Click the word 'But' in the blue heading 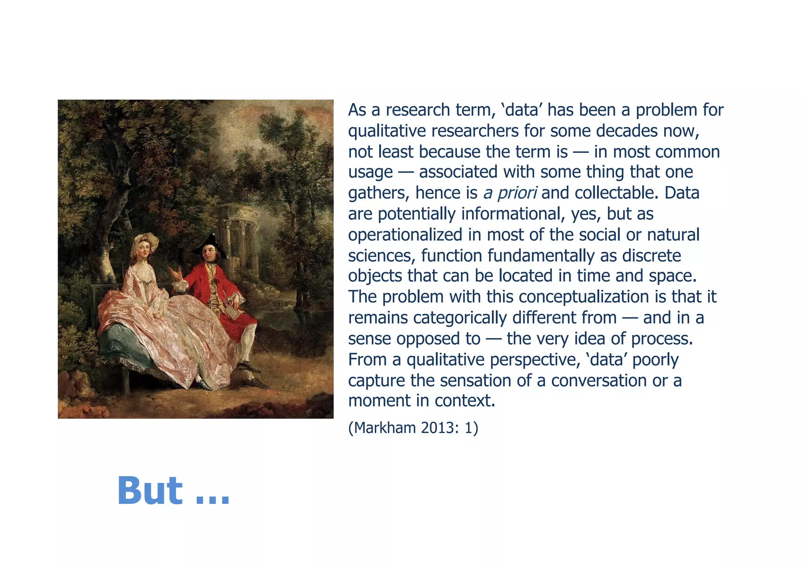(x=150, y=491)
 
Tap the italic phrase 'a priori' (x=510, y=193)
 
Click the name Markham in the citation (x=386, y=428)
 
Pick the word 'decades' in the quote (x=627, y=131)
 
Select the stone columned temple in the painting (x=239, y=235)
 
